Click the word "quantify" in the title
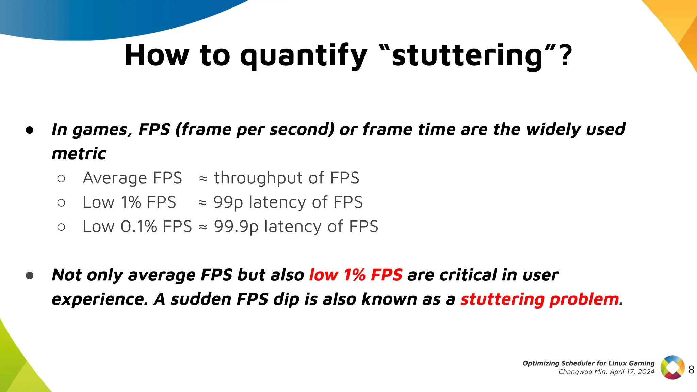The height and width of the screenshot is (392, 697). click(x=304, y=56)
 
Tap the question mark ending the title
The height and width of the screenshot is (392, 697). click(x=565, y=55)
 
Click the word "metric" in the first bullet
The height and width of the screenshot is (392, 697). click(x=79, y=154)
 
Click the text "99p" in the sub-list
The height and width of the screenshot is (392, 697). click(x=228, y=202)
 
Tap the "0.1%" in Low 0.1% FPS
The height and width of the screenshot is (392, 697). click(x=139, y=227)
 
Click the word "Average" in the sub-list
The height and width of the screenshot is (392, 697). click(x=115, y=178)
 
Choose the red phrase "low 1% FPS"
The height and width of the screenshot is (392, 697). click(x=356, y=275)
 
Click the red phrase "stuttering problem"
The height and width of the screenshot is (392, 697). click(x=540, y=299)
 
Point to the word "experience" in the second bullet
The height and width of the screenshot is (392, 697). click(x=99, y=300)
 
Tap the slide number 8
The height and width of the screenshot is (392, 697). click(x=691, y=370)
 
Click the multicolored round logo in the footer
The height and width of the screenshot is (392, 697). click(x=672, y=367)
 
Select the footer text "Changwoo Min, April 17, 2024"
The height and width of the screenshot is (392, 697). click(x=606, y=372)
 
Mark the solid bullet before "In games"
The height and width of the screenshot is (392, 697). click(x=30, y=130)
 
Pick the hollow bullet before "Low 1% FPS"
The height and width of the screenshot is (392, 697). click(x=61, y=203)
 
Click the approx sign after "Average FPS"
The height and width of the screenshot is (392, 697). click(x=203, y=179)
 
